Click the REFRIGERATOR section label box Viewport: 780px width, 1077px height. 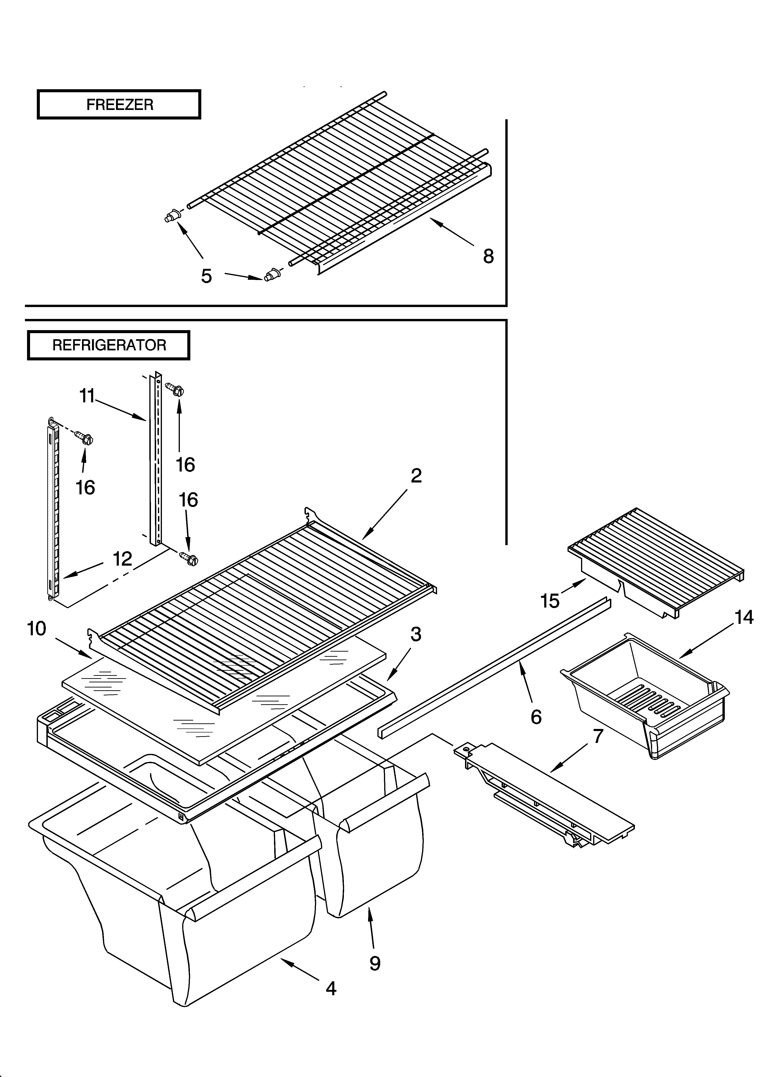pos(109,345)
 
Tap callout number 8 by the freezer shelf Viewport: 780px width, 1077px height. pos(488,256)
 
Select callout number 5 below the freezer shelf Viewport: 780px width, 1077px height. pos(206,276)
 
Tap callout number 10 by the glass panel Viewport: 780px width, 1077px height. pos(37,629)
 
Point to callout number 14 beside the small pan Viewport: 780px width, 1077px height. pos(744,617)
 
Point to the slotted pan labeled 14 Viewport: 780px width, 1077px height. pos(646,693)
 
